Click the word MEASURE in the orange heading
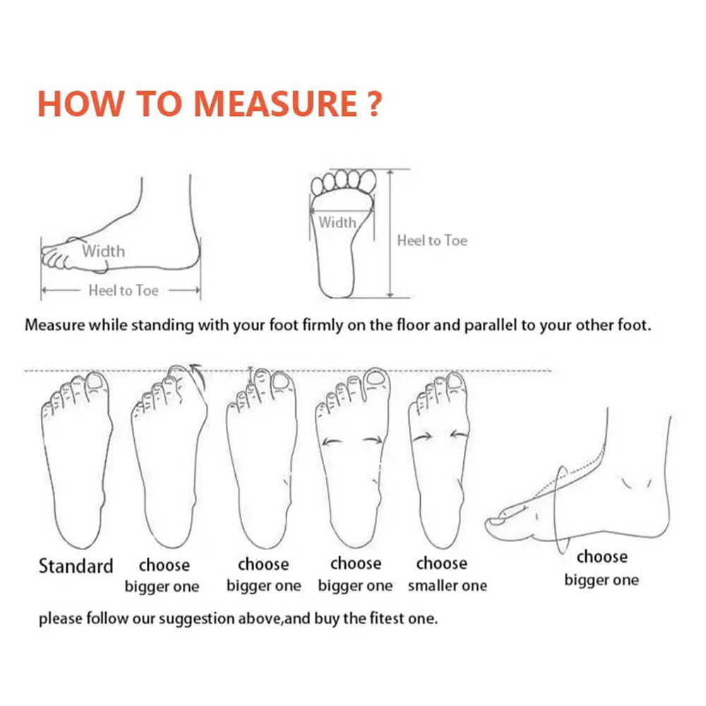coord(275,104)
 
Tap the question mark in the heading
coord(374,104)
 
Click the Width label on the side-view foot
coord(103,251)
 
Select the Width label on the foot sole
coord(337,222)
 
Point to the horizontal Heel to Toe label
coord(124,290)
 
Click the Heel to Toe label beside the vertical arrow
coord(432,241)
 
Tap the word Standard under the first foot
coord(76,566)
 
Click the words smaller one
coord(447,585)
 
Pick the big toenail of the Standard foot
coord(95,381)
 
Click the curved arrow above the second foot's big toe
coord(198,376)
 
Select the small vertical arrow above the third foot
coord(251,376)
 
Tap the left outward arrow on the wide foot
coord(332,443)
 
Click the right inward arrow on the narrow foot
coord(460,434)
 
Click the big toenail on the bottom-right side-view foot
coord(496,522)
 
